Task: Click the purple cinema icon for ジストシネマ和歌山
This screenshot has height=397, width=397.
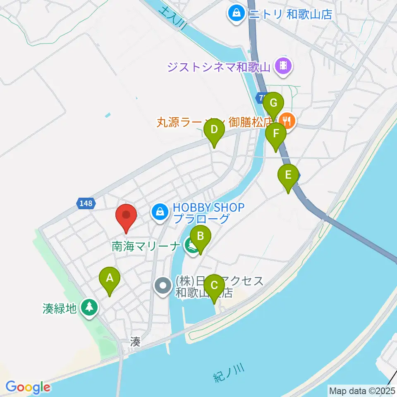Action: click(x=284, y=65)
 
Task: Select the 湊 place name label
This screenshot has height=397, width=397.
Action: click(x=135, y=342)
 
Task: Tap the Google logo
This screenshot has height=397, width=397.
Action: click(x=28, y=387)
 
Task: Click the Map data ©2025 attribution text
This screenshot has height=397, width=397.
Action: click(x=362, y=390)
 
